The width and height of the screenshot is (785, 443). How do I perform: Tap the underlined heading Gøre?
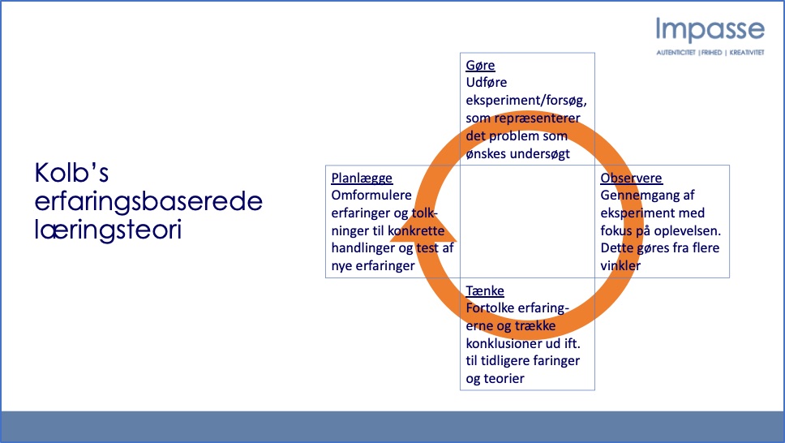[x=480, y=65]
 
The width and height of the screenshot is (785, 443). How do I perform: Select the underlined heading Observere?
[x=631, y=178]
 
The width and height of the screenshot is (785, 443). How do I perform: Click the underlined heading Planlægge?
[x=362, y=178]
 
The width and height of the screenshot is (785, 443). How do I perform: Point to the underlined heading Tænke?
[x=485, y=290]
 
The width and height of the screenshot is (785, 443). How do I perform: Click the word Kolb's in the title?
[x=71, y=173]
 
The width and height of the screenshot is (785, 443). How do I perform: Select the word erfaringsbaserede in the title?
[x=148, y=201]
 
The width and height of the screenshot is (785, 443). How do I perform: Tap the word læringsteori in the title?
[x=108, y=230]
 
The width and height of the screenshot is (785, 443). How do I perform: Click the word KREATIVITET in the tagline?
[x=746, y=53]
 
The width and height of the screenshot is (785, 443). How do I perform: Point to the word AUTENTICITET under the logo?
[x=676, y=53]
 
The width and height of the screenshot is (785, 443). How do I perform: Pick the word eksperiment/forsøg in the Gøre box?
[x=526, y=101]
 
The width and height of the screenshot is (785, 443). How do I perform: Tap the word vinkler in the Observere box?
[x=620, y=265]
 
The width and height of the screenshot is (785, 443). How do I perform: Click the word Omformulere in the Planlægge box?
[x=371, y=195]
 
